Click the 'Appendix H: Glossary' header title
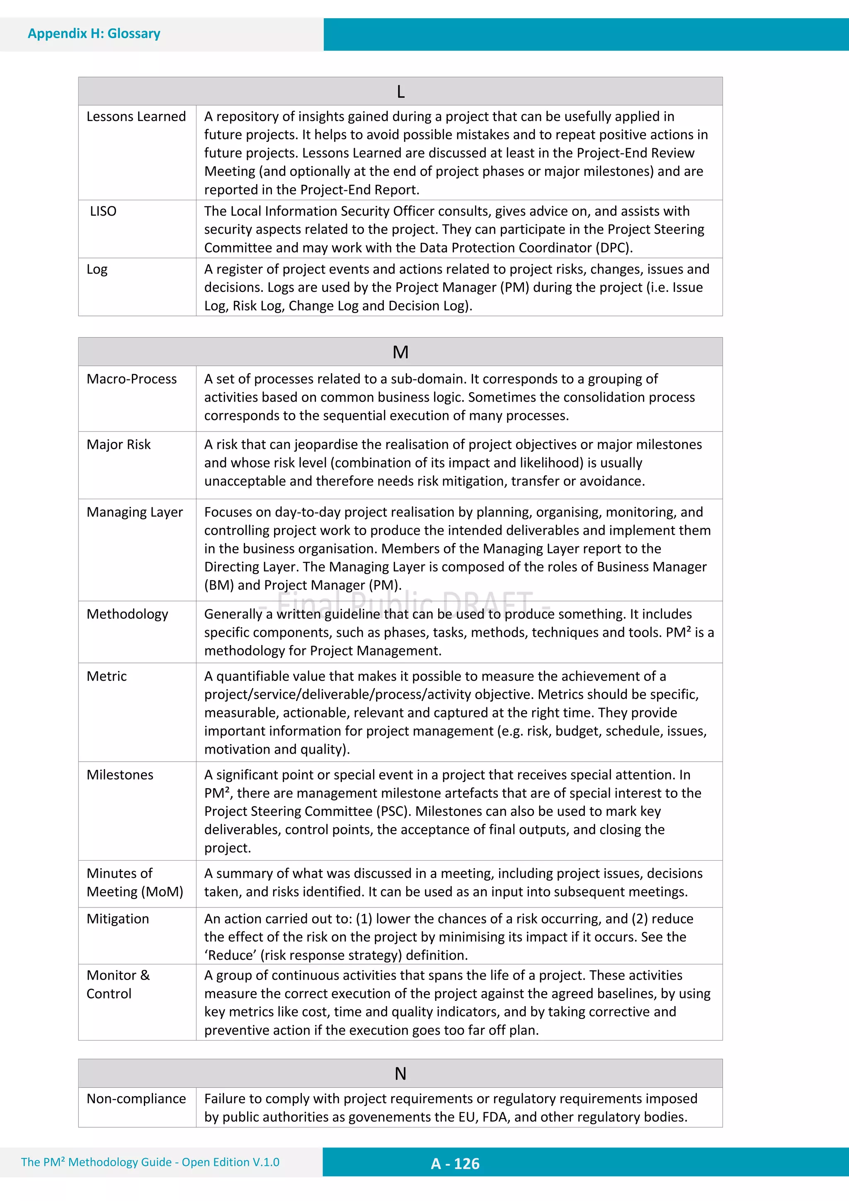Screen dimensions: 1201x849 click(94, 34)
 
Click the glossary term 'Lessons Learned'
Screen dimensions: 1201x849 click(136, 116)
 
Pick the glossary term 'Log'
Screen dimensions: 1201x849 click(97, 269)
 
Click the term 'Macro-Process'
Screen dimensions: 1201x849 click(132, 379)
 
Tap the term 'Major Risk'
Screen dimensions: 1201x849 click(119, 444)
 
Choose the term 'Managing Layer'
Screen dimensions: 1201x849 click(135, 512)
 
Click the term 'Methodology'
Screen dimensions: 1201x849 click(128, 614)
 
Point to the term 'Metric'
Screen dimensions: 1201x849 click(107, 676)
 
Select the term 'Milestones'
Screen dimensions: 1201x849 click(120, 775)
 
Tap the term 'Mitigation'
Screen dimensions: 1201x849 click(118, 919)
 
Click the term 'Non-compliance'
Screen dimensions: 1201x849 click(136, 1099)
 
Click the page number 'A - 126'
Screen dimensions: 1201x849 click(455, 1163)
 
